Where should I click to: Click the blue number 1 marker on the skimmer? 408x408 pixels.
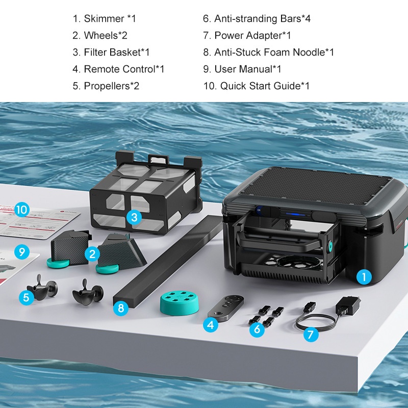coord(363,277)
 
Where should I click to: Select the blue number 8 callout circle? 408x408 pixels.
coord(121,308)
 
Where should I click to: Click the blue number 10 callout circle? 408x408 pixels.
coord(21,209)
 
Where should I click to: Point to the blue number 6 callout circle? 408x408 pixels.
coord(258,329)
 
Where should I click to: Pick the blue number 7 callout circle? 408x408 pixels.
coord(311,335)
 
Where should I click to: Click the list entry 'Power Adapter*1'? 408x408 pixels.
coord(247,35)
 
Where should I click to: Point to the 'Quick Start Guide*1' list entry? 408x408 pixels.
coord(257,86)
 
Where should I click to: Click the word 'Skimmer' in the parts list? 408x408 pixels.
coord(104,19)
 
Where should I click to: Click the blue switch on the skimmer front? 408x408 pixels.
coord(259,210)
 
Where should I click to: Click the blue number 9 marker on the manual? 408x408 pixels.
coord(21,251)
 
